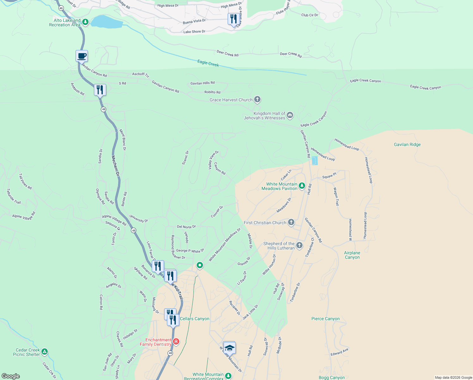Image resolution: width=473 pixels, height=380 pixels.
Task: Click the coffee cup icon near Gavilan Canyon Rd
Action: click(x=82, y=56)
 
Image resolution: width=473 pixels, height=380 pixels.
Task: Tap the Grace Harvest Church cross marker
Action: click(x=257, y=100)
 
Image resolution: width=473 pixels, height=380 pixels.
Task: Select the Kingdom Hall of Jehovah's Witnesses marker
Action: click(x=290, y=116)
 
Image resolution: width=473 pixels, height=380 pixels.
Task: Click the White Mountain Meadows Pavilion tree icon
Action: click(x=302, y=186)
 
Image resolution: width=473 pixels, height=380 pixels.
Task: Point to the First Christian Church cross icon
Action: click(x=291, y=222)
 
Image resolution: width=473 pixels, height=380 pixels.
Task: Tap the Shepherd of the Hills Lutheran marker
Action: click(x=299, y=245)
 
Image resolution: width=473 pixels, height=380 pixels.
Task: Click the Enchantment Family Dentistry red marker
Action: click(x=176, y=342)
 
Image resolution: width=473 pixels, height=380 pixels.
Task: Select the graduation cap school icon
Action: click(x=229, y=348)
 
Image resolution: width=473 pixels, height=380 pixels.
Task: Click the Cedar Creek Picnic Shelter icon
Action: click(x=45, y=352)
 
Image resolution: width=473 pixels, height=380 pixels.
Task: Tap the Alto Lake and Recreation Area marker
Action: click(x=85, y=22)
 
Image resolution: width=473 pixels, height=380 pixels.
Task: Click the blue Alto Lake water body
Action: click(x=106, y=22)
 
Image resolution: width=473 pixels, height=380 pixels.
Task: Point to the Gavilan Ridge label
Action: click(x=407, y=144)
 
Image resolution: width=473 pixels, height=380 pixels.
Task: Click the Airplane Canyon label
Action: click(x=352, y=255)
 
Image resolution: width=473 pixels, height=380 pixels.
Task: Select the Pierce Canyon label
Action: click(x=325, y=319)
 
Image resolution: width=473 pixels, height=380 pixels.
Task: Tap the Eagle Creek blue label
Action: click(x=208, y=63)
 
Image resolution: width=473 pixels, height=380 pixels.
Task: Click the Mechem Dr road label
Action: click(x=116, y=166)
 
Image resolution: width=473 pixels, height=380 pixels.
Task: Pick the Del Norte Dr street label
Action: click(x=186, y=227)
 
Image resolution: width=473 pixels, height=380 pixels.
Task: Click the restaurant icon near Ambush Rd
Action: click(x=100, y=90)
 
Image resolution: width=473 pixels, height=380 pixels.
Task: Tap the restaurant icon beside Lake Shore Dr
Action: click(x=233, y=19)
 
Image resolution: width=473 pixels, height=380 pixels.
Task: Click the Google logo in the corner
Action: click(x=11, y=376)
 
